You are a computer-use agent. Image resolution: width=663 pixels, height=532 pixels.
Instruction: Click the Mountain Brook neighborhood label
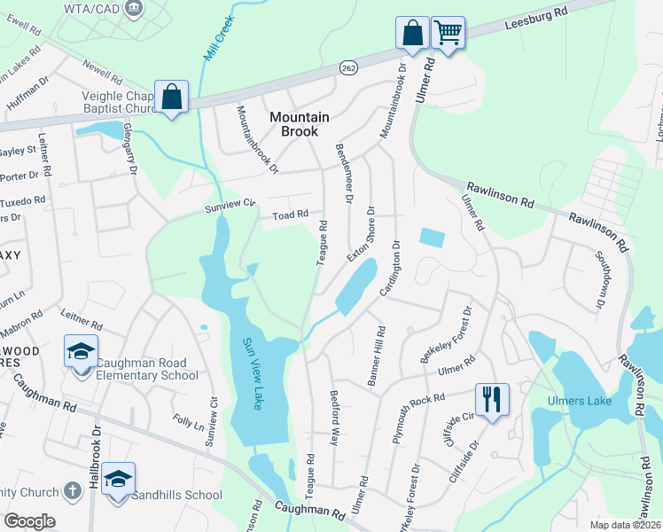point(299,124)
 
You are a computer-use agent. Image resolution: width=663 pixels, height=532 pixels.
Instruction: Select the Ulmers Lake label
point(581,401)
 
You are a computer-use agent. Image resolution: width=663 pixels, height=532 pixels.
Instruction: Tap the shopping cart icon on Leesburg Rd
point(448,34)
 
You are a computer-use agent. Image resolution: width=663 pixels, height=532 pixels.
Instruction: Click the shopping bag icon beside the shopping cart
point(412,32)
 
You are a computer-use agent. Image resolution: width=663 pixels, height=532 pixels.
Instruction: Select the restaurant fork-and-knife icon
point(491,397)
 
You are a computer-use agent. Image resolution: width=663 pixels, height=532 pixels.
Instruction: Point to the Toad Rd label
point(290,215)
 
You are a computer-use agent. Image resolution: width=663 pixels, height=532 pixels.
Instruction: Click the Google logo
point(30,521)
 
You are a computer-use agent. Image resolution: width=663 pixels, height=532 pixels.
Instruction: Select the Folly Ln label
point(189,422)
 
